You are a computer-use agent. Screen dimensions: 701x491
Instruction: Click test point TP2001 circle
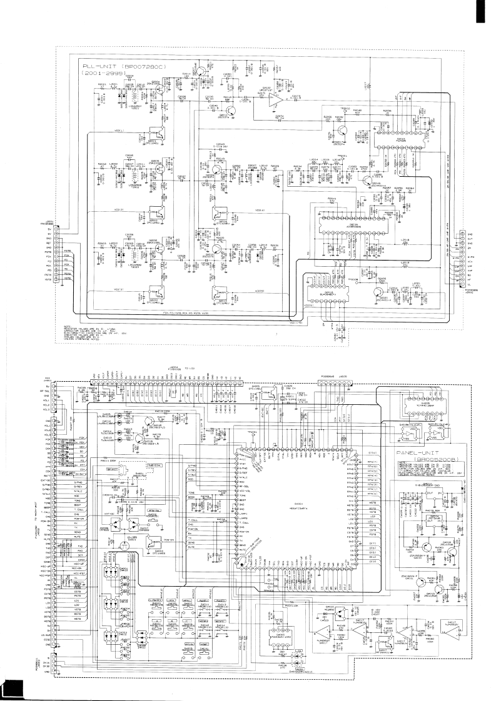pos(338,157)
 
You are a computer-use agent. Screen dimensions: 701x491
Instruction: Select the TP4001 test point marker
pos(253,434)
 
